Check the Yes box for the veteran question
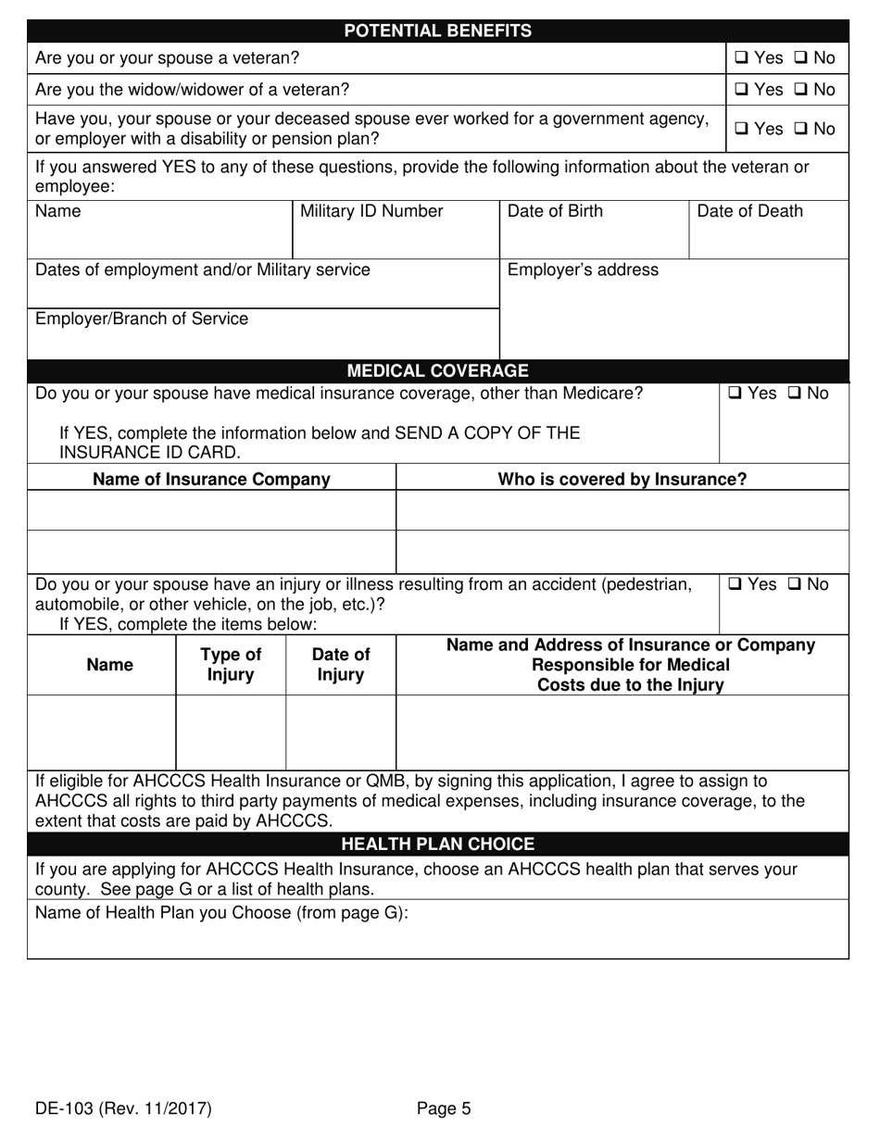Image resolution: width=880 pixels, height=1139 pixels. pos(741,58)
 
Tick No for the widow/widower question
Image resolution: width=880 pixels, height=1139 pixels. pos(800,90)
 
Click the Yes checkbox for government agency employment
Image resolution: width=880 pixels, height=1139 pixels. pos(741,130)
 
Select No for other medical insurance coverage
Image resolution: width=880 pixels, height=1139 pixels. pos(795,394)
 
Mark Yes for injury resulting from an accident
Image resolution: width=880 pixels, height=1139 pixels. pos(735,585)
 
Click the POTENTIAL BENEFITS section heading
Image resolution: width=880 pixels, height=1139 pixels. pos(438,31)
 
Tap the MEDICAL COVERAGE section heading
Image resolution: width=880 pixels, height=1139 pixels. pos(438,371)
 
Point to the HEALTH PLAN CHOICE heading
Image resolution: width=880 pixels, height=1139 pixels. pos(438,844)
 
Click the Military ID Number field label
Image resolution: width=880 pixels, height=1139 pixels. pos(371,211)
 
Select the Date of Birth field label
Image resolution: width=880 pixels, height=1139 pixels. pos(555,211)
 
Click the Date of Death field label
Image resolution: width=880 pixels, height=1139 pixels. pos(749,211)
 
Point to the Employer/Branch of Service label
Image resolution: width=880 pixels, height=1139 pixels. pos(142,319)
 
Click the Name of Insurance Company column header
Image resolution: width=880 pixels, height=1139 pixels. pos(212,479)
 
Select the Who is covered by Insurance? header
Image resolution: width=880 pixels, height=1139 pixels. pos(622,479)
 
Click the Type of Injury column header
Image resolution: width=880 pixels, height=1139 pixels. pos(231,664)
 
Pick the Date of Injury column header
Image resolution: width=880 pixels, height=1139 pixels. pos(341,664)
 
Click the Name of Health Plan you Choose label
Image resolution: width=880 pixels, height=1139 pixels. pos(221,912)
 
